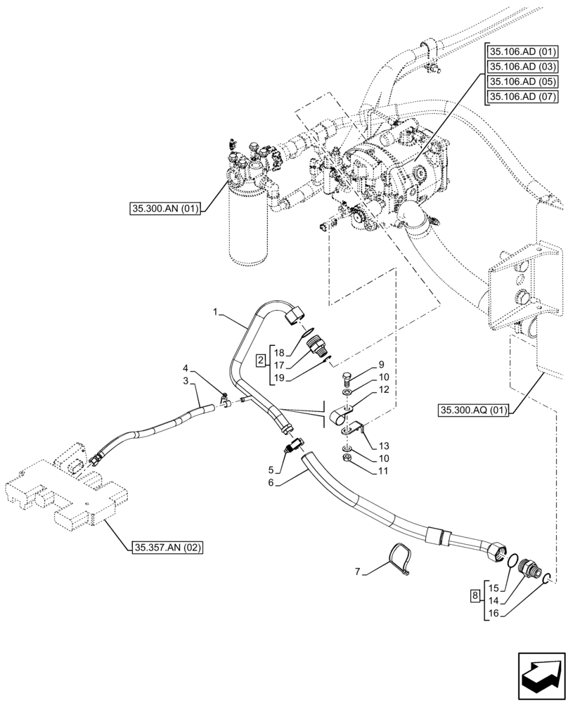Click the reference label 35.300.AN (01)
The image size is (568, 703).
tap(164, 208)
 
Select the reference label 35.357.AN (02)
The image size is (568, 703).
tap(167, 546)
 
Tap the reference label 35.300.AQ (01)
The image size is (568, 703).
tap(473, 410)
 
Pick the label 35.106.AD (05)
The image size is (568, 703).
tap(523, 82)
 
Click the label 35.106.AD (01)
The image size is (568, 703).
tap(523, 52)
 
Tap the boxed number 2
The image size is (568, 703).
tap(261, 361)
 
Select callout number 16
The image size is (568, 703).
tap(494, 614)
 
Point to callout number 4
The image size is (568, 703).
tap(186, 368)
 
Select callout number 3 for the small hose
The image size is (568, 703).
tap(186, 381)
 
